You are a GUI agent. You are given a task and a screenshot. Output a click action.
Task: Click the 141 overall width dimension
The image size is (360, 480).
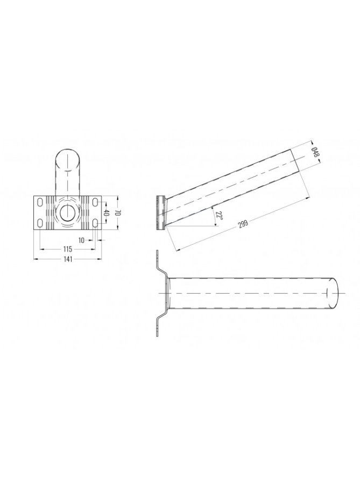(x=68, y=259)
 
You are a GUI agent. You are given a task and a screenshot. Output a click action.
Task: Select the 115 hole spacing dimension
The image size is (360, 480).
(x=68, y=249)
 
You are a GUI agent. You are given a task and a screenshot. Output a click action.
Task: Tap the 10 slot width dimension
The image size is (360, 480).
(x=81, y=241)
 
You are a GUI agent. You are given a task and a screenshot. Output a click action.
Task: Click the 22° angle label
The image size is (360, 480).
(x=218, y=215)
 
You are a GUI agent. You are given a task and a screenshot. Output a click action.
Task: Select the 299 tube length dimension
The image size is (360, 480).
(x=243, y=223)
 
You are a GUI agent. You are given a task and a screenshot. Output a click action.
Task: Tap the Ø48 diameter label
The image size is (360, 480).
(x=315, y=152)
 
